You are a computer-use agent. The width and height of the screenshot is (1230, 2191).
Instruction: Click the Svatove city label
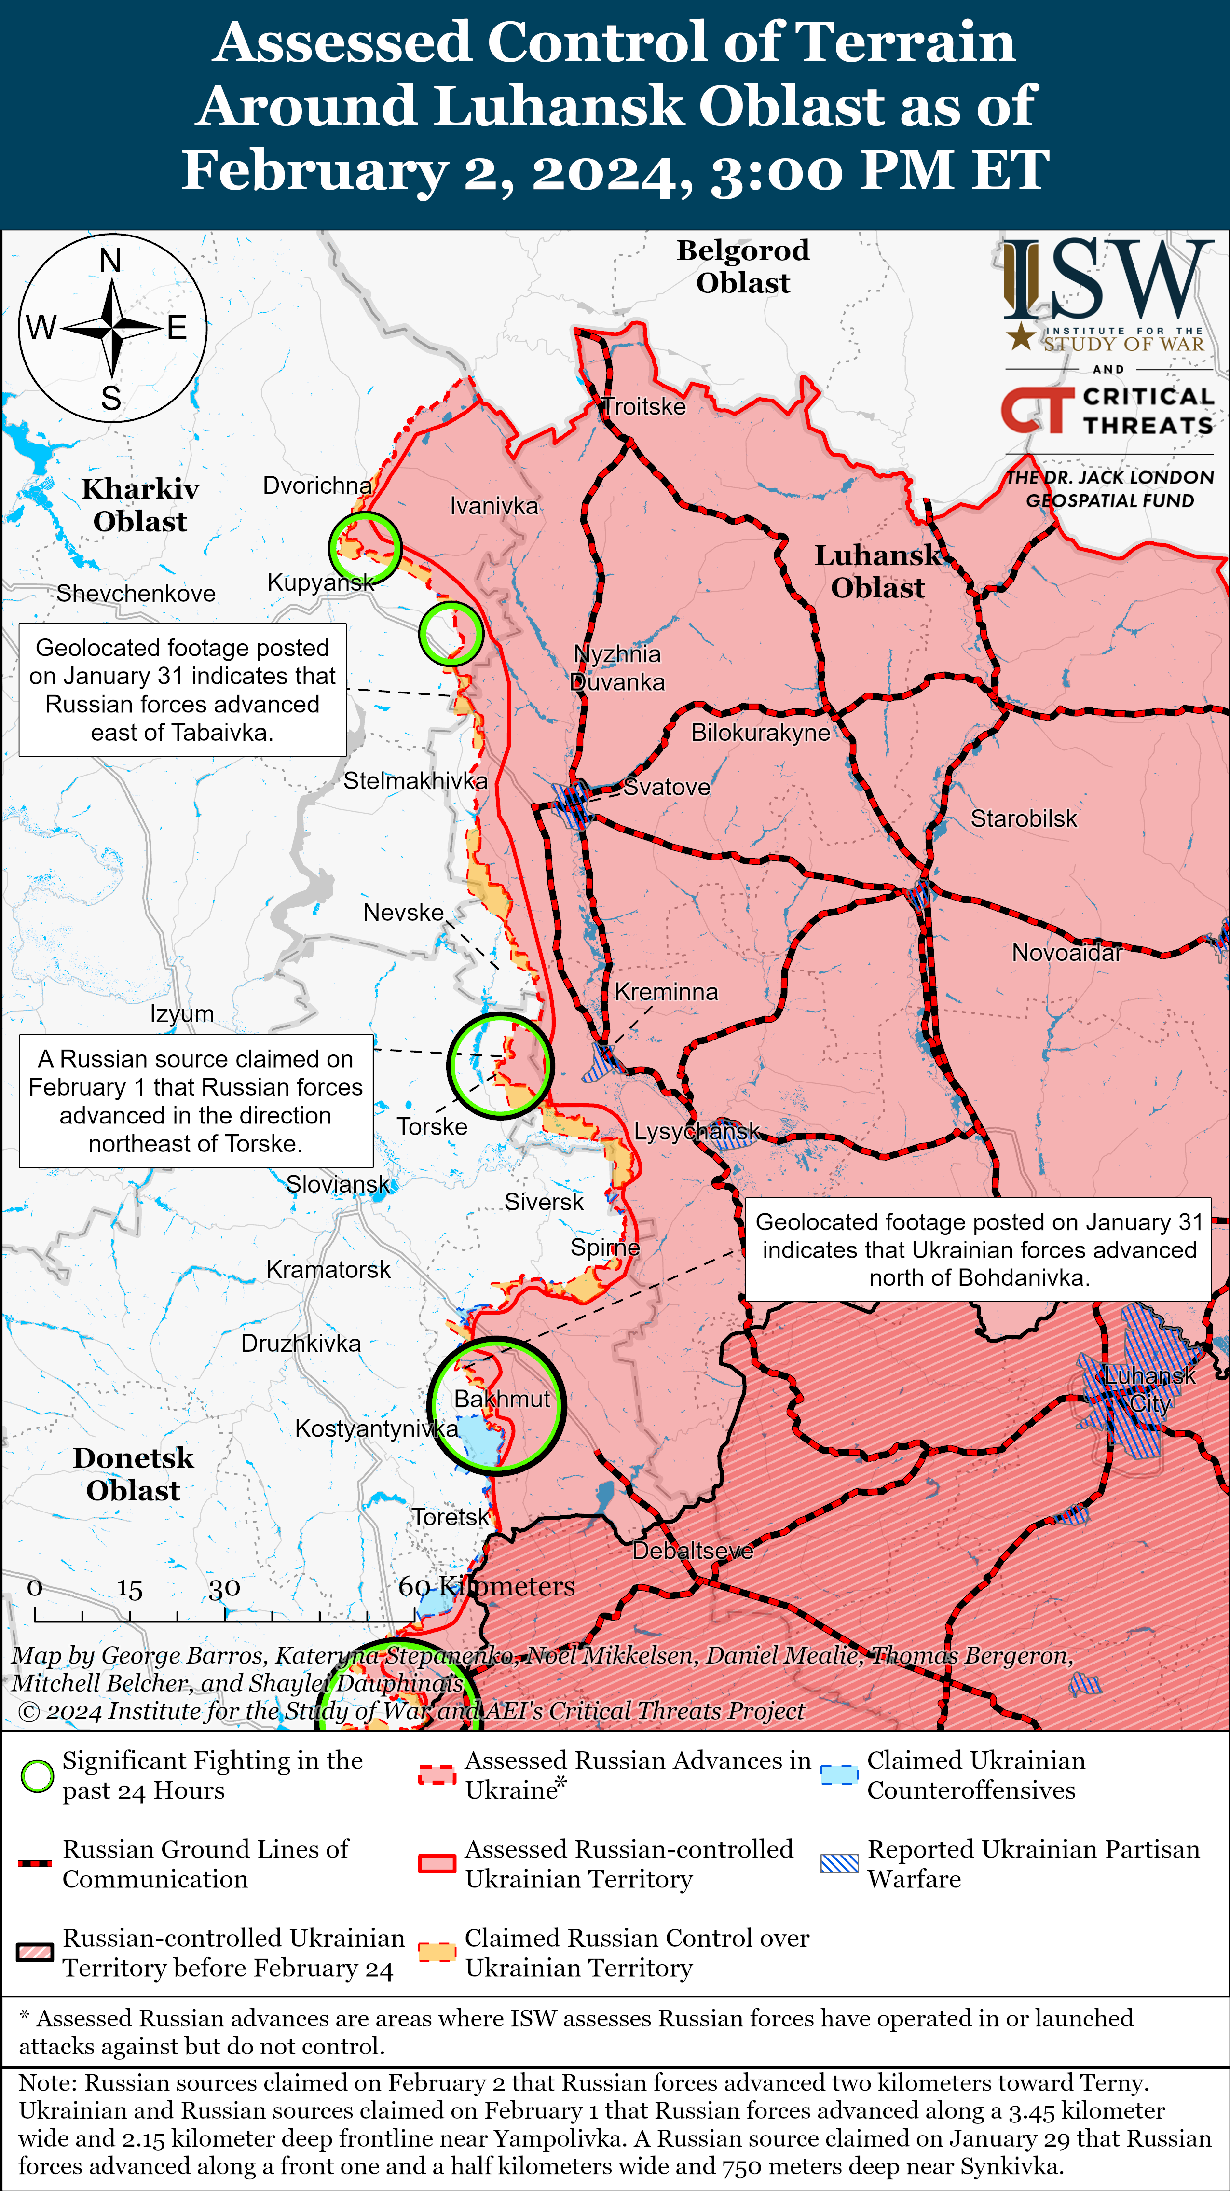(667, 787)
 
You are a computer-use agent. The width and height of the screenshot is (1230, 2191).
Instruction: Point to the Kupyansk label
(320, 582)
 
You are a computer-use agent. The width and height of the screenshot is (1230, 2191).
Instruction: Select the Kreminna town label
(667, 992)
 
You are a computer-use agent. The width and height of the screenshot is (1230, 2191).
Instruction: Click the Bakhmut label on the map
(502, 1399)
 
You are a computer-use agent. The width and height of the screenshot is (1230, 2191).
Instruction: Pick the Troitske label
(644, 406)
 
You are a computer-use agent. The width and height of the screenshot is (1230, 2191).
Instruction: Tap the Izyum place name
(182, 1014)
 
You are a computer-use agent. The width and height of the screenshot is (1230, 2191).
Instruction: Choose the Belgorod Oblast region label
(743, 266)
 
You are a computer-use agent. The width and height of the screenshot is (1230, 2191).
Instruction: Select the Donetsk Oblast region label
(134, 1474)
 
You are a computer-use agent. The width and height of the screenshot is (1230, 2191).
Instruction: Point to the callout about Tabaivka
(182, 690)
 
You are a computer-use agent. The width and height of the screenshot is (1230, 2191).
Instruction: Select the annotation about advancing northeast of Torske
(195, 1101)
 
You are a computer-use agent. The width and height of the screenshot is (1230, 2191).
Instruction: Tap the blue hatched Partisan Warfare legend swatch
(839, 1863)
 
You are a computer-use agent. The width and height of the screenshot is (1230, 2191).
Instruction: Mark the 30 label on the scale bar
(224, 1588)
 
